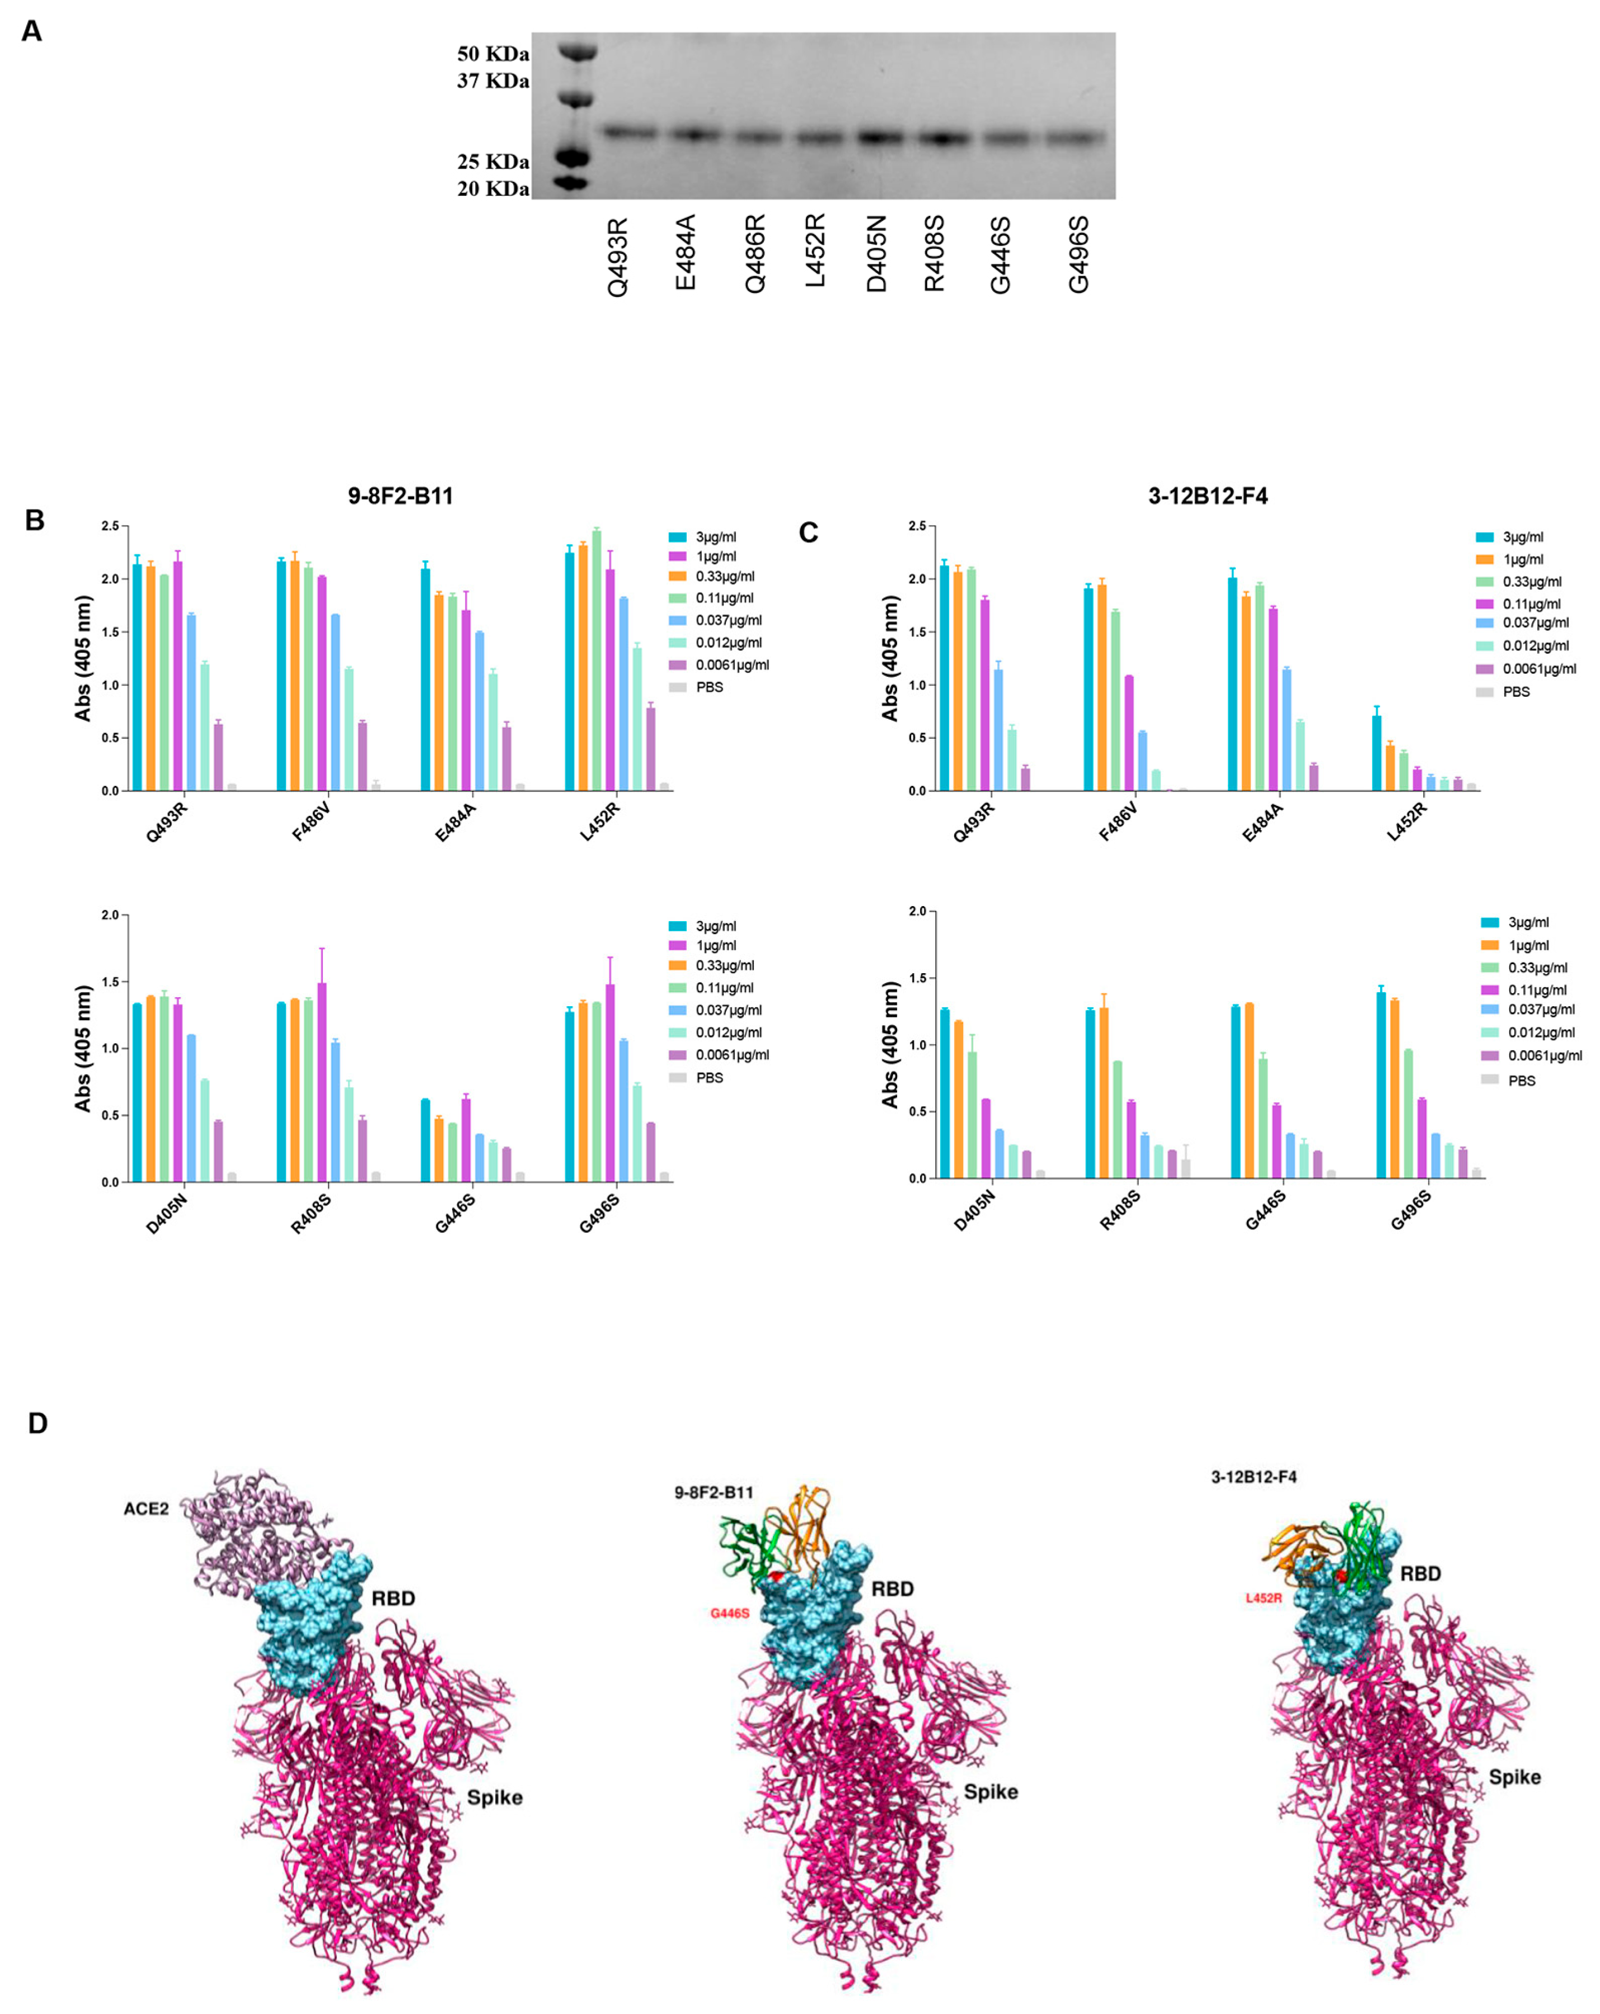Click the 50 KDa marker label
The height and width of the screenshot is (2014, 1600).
coord(492,54)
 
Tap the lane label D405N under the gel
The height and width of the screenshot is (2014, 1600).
coord(876,253)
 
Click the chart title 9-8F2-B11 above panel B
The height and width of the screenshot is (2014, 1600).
coord(400,496)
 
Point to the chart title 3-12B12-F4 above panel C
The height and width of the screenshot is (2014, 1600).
coord(1208,496)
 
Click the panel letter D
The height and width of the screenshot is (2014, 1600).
coord(37,1423)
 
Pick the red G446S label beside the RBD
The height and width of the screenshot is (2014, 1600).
coord(730,1613)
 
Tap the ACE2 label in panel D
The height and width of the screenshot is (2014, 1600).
coord(146,1508)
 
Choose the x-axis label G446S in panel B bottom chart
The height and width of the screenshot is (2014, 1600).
coord(455,1214)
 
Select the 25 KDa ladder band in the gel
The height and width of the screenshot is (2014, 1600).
coord(571,157)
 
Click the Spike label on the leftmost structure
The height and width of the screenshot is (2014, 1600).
coord(494,1798)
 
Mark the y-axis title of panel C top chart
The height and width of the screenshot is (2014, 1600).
coord(890,659)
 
